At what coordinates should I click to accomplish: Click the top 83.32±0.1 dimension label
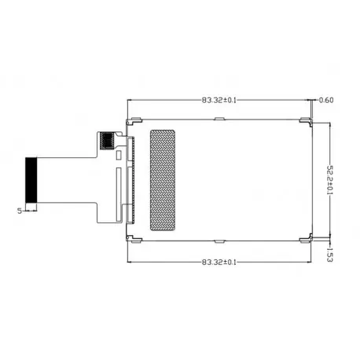[x=219, y=100]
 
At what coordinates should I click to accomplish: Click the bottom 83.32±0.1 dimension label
[x=219, y=262]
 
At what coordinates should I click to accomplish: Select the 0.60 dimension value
[x=328, y=100]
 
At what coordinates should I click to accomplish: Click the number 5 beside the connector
[x=18, y=211]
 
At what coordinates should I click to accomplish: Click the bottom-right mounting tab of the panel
[x=303, y=239]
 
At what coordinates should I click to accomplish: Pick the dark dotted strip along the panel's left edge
[x=131, y=179]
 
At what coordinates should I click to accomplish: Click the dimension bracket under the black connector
[x=31, y=210]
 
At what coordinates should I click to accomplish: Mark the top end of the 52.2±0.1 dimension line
[x=328, y=124]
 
